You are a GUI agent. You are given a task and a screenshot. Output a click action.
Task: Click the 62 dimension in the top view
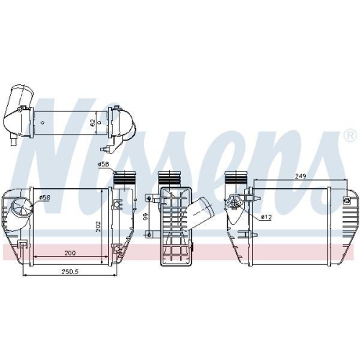[x=93, y=123]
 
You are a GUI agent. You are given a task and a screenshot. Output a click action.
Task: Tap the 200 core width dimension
[x=70, y=253]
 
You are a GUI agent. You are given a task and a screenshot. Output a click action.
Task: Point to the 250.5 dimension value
[x=71, y=271]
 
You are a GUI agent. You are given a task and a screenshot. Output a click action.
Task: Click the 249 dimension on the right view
[x=300, y=176]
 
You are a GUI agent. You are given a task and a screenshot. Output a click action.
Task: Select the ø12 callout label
[x=266, y=217]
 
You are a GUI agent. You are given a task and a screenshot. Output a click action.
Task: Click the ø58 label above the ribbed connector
[x=103, y=164]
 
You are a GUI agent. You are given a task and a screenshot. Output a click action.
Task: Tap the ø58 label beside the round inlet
[x=45, y=197]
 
